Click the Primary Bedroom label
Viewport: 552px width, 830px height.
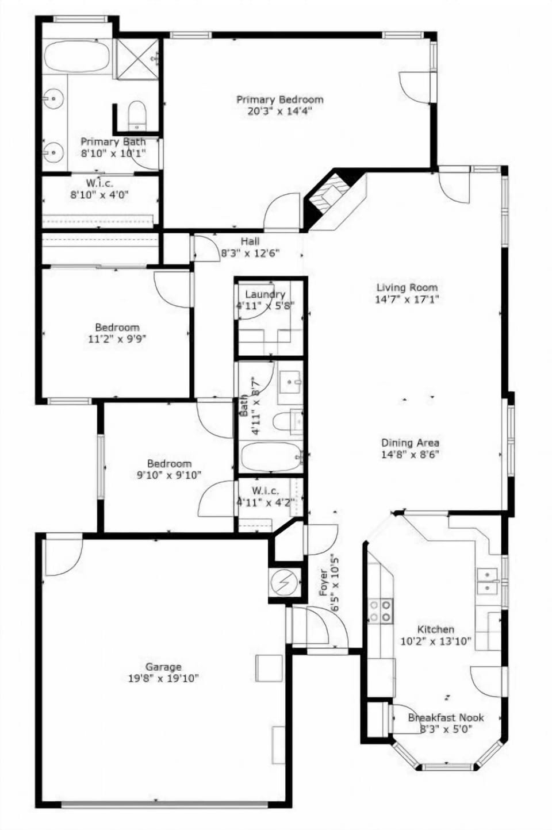pos(279,99)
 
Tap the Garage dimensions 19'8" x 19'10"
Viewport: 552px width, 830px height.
pos(163,679)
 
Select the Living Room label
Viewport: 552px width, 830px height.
pos(407,287)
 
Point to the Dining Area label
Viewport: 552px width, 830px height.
pos(410,443)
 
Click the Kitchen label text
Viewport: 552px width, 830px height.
pos(436,629)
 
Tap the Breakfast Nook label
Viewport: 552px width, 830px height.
pos(446,718)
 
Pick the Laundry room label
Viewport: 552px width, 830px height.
pos(265,294)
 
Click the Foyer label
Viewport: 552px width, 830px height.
pos(323,582)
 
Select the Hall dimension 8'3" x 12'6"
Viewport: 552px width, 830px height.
pos(251,253)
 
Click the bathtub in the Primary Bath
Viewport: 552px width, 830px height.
pos(77,56)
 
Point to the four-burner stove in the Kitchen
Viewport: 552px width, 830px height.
pos(380,610)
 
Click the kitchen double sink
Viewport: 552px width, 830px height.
pos(488,581)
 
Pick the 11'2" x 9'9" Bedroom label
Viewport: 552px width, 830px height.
pos(117,328)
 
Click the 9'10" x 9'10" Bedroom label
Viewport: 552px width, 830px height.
pos(169,464)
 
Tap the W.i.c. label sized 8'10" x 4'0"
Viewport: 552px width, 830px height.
pos(99,183)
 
